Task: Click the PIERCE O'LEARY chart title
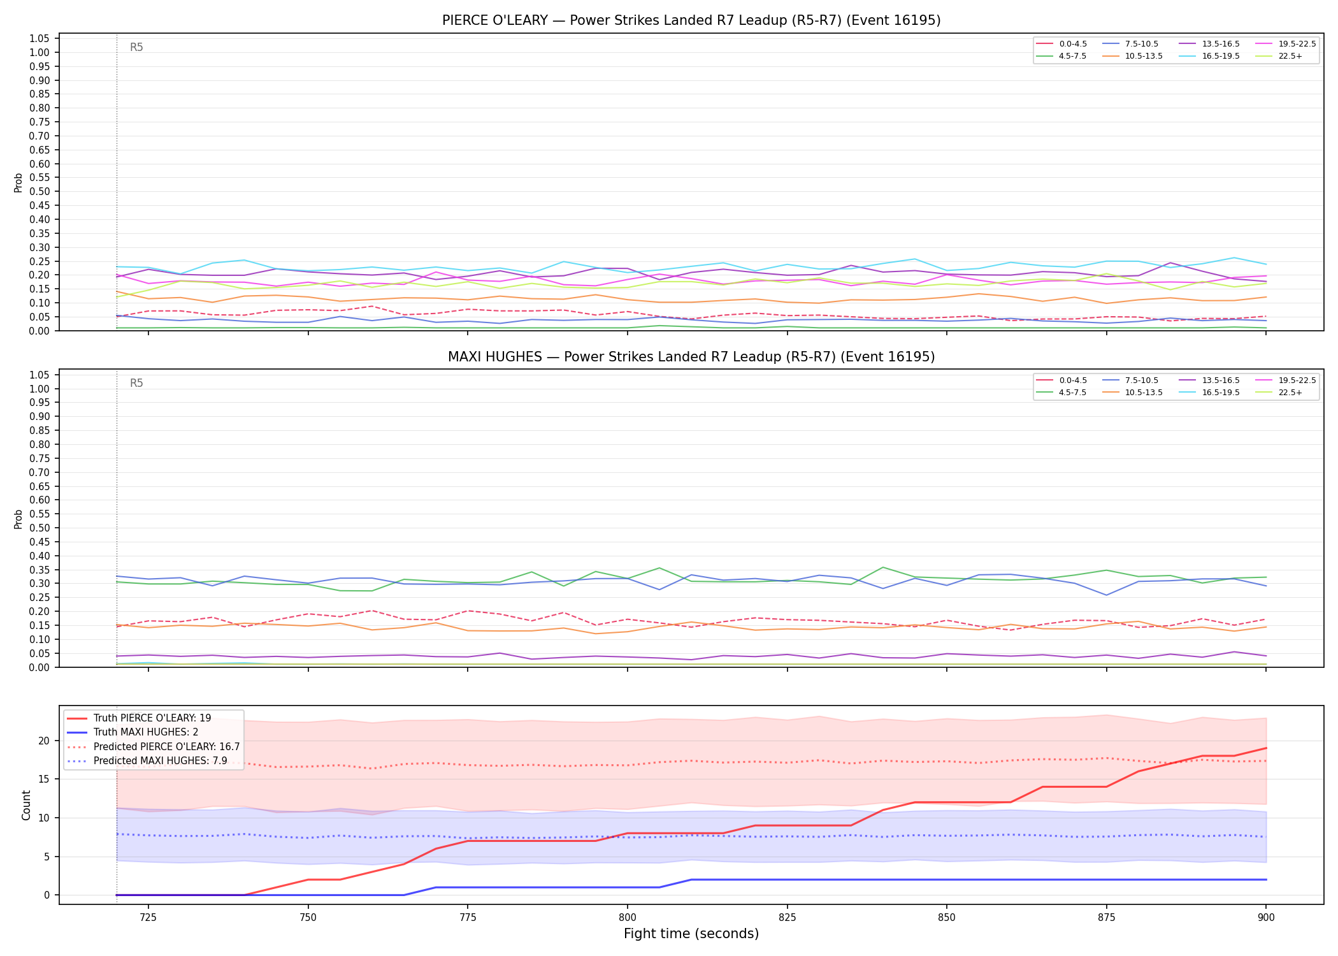pos(691,20)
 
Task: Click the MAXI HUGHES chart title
pos(691,357)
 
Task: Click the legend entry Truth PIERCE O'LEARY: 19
pos(139,718)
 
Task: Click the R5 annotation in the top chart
pos(136,47)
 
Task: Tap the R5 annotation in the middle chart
pos(136,384)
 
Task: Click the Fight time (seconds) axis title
pos(691,934)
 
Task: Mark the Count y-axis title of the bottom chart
pos(26,805)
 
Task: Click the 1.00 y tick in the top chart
pos(40,53)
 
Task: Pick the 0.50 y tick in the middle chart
pos(40,528)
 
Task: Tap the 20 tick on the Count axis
pos(44,741)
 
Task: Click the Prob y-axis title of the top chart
pos(18,183)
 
